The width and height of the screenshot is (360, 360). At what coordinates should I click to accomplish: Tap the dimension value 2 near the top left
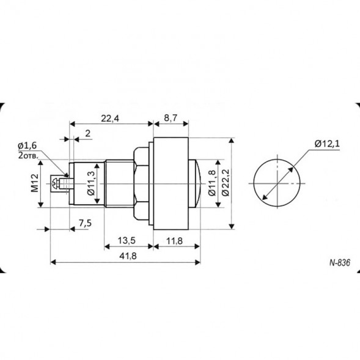point(88,133)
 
